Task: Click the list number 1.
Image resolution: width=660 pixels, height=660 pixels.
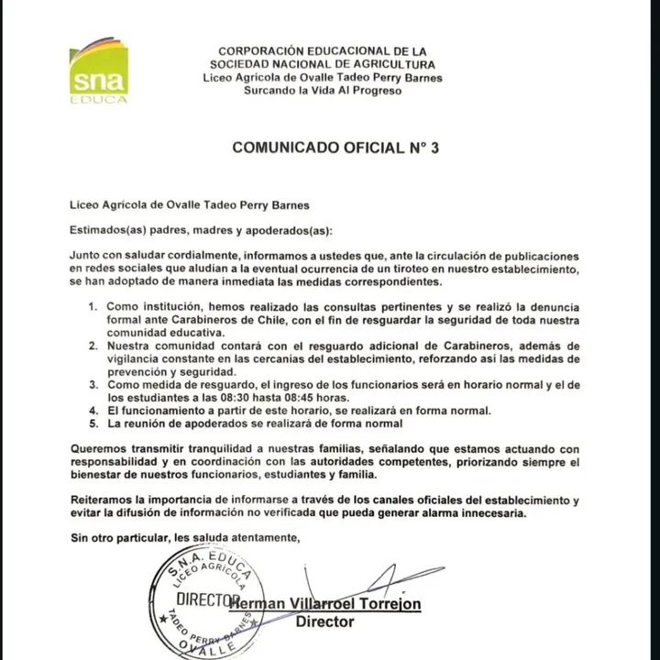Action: [93, 303]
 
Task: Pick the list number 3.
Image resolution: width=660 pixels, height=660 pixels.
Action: [93, 388]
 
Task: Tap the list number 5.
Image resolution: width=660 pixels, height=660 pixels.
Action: [93, 425]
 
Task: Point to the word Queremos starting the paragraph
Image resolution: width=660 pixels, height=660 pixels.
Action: [98, 449]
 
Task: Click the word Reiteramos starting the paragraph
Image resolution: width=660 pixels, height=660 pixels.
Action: [104, 500]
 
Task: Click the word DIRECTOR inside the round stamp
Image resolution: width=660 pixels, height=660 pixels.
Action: [202, 599]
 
